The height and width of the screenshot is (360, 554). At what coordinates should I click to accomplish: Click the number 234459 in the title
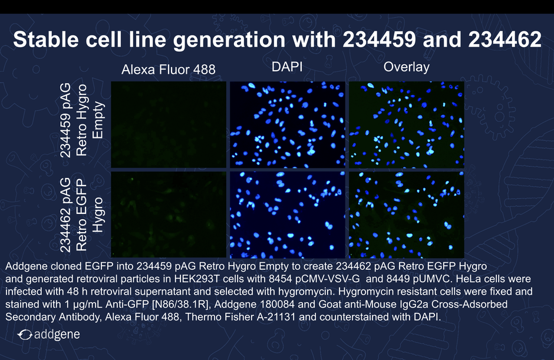[380, 39]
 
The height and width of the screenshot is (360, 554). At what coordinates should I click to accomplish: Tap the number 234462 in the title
[505, 39]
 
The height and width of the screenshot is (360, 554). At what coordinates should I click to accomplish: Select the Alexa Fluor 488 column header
[169, 70]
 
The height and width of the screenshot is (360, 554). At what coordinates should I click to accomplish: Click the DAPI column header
[287, 67]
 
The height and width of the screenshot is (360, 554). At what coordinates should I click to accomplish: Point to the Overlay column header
[406, 67]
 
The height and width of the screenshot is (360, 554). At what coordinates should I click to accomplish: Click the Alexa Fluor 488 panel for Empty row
[169, 125]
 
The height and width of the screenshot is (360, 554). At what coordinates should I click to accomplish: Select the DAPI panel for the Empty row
[288, 125]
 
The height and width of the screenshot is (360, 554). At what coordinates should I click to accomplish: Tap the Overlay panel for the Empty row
[407, 125]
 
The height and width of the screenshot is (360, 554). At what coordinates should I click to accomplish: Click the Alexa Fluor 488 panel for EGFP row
[169, 215]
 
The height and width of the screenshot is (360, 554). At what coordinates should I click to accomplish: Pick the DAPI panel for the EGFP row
[288, 215]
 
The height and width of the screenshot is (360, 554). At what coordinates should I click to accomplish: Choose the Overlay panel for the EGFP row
[407, 215]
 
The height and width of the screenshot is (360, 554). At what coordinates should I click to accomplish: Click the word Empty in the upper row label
[97, 120]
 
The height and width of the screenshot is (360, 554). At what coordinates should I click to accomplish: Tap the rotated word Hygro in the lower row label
[97, 215]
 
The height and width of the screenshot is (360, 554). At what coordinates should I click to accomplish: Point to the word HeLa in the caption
[468, 279]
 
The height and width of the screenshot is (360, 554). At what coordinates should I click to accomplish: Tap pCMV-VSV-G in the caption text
[328, 279]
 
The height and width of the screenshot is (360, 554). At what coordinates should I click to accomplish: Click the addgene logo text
[57, 334]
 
